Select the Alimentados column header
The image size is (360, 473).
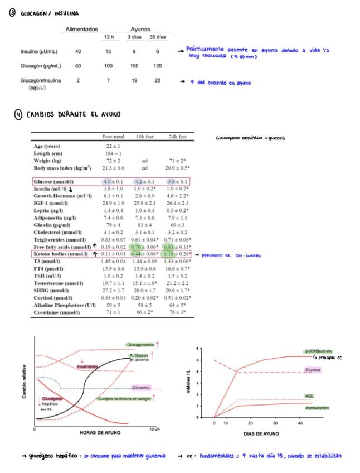pos(82,29)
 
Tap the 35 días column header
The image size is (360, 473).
pos(157,37)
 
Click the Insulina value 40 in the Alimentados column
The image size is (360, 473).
pos(78,52)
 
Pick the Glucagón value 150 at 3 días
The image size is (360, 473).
pos(133,66)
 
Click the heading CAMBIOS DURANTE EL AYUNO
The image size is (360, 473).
pos(72,115)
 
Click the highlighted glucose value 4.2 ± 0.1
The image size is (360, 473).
pos(145,182)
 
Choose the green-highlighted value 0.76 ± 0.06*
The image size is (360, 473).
pos(145,246)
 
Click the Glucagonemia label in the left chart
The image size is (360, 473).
pos(140,345)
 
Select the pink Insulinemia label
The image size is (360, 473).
pos(88,366)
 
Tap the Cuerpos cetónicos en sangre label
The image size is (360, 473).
pos(123,399)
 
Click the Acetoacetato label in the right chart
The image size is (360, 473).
pos(317,408)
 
